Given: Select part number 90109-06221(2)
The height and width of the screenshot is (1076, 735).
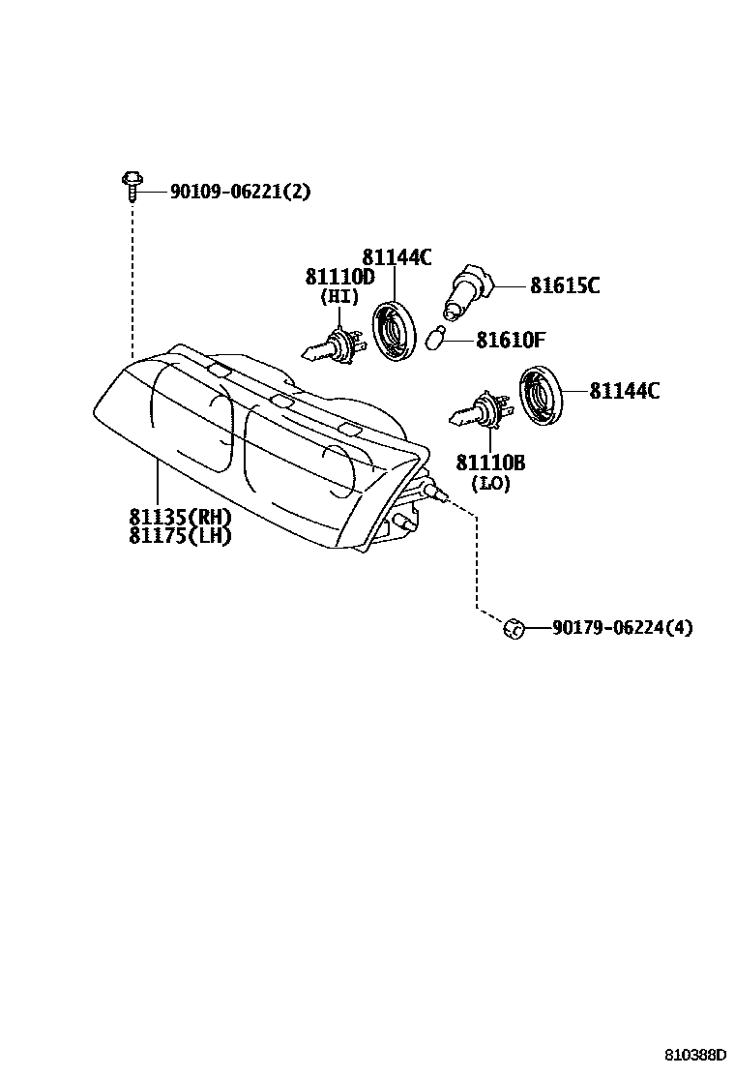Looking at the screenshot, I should [x=240, y=192].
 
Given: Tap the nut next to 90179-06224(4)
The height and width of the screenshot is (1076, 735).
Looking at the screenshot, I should [x=514, y=628].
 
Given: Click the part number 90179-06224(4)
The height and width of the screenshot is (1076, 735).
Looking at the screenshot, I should [x=622, y=628].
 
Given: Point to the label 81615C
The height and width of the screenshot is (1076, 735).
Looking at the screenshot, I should [x=565, y=285].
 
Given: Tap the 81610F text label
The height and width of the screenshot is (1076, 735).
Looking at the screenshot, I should [x=512, y=341].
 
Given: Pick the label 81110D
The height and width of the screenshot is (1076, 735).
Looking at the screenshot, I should [x=339, y=277].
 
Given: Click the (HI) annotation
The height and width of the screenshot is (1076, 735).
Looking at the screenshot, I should [x=339, y=297].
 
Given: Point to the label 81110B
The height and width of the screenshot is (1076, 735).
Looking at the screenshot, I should [x=490, y=463].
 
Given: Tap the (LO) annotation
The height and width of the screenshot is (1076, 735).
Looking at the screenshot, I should [x=490, y=483].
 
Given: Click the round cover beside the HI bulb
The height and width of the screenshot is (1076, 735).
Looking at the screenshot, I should [x=395, y=332].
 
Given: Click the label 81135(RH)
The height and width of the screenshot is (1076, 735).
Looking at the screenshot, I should [x=180, y=516].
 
